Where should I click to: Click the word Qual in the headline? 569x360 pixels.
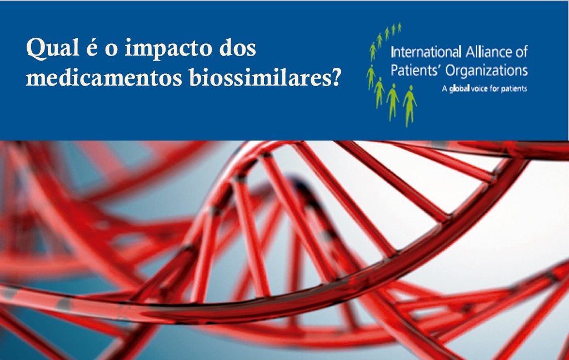(53, 49)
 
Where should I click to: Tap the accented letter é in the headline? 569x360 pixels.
(93, 49)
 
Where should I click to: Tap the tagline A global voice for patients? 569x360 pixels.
(484, 88)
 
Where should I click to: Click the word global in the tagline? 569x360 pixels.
(459, 88)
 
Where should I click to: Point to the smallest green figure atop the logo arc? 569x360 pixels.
(400, 28)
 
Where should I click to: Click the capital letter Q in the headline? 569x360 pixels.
(36, 49)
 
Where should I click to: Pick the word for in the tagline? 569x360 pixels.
(495, 88)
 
